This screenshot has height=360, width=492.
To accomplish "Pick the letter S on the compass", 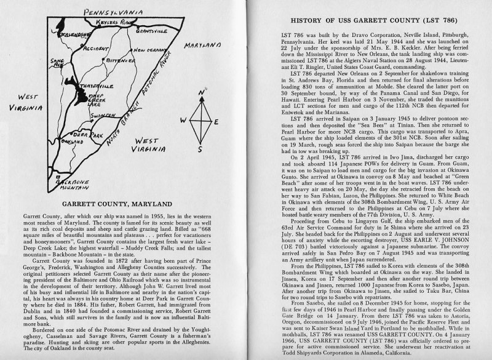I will click(x=201, y=148).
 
